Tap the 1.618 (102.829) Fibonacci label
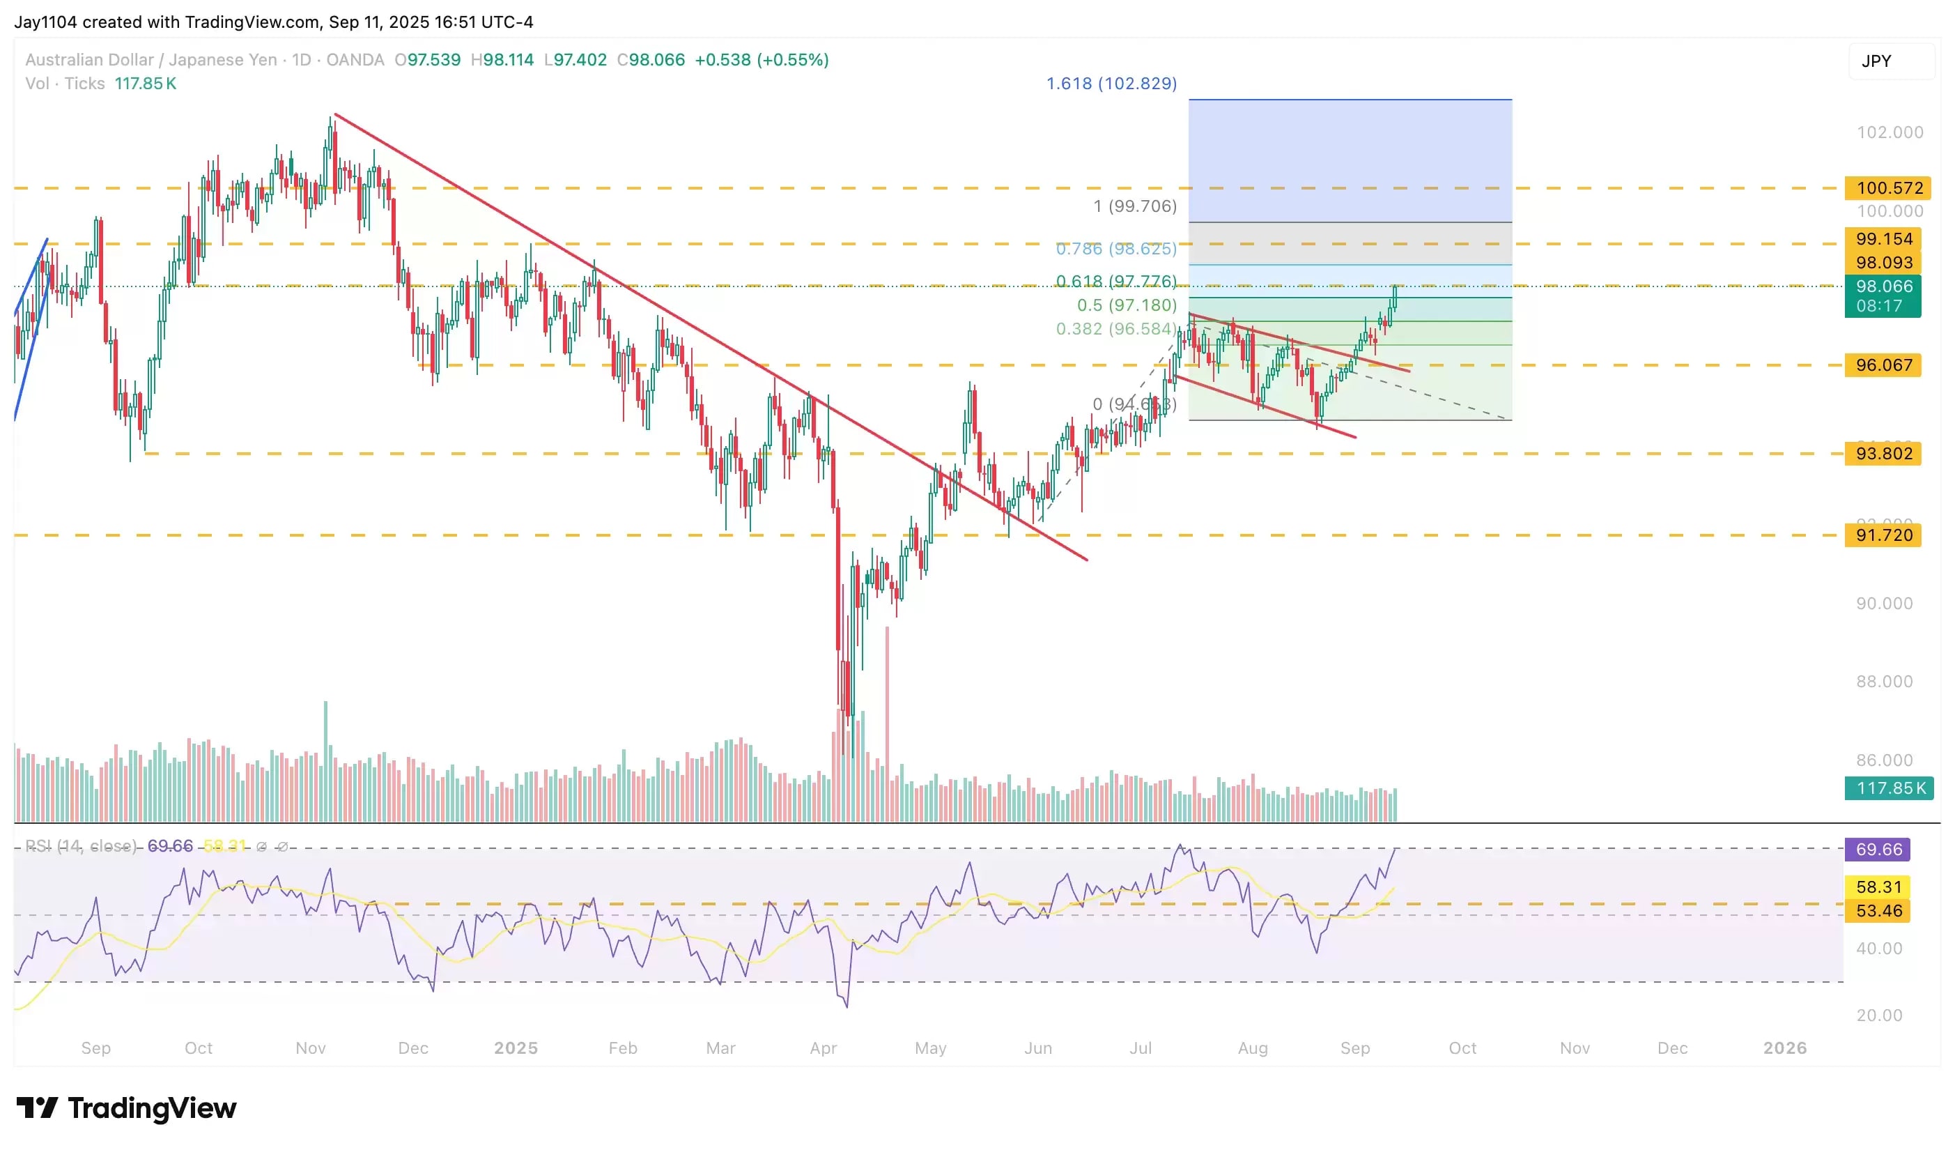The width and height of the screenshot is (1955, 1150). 1111,83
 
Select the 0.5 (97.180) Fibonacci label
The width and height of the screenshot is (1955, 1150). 1127,305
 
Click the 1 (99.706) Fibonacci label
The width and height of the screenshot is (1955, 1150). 1135,206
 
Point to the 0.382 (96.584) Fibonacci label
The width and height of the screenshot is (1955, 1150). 1115,328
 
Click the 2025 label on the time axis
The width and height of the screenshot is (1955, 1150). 516,1048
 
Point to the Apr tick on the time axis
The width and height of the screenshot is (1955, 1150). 823,1048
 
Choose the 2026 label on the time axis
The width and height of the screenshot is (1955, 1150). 1784,1048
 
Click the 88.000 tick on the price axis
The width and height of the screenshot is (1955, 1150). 1884,682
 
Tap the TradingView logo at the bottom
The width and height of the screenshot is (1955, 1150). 126,1107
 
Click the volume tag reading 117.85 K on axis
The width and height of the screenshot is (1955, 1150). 1889,788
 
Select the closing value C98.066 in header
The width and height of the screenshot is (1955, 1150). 651,60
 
